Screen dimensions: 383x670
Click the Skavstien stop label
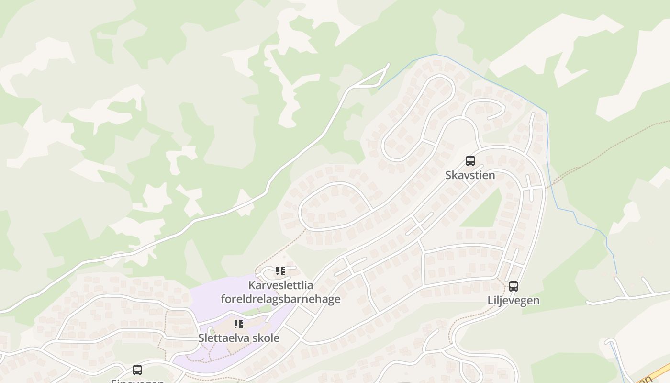point(470,175)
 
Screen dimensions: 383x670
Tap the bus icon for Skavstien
point(470,161)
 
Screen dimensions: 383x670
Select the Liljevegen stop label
point(513,301)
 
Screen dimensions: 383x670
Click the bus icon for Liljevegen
point(514,286)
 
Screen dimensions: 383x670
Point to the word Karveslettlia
point(280,285)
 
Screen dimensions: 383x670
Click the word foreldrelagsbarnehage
point(280,299)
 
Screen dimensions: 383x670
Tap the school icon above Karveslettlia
point(280,271)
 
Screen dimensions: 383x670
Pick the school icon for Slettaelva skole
point(239,324)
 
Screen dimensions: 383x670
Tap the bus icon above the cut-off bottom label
point(137,370)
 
